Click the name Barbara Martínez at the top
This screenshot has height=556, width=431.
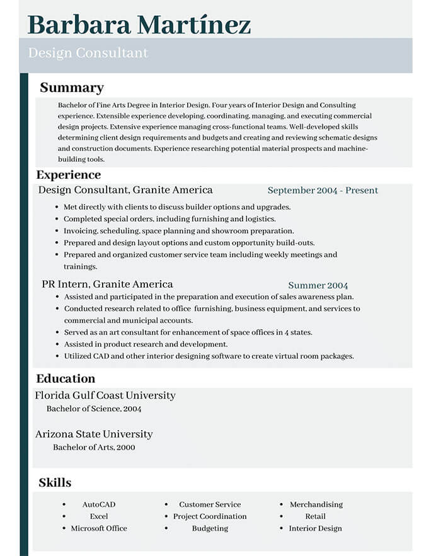tap(139, 24)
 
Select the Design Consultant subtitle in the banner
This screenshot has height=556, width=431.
tap(88, 53)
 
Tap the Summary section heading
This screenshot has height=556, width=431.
tap(72, 88)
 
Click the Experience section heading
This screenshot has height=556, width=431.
tap(68, 174)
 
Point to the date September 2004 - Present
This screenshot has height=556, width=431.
tap(323, 190)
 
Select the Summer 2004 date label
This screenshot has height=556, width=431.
tap(318, 285)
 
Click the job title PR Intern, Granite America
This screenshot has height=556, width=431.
tap(107, 284)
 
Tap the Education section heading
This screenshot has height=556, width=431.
tap(66, 378)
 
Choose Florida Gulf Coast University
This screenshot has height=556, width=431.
tap(105, 395)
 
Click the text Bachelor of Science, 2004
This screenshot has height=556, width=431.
tap(94, 409)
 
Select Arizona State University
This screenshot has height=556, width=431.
tap(94, 434)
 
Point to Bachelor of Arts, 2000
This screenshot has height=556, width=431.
tap(94, 447)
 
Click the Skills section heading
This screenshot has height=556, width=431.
tap(55, 483)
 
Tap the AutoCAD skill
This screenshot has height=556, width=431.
tap(99, 504)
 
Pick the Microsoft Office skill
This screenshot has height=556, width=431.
tap(99, 528)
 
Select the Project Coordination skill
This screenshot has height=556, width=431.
tap(210, 516)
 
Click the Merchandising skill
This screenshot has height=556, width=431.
tap(316, 504)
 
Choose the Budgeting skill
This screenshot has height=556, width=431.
tap(210, 528)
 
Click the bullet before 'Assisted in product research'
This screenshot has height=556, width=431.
tap(58, 344)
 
